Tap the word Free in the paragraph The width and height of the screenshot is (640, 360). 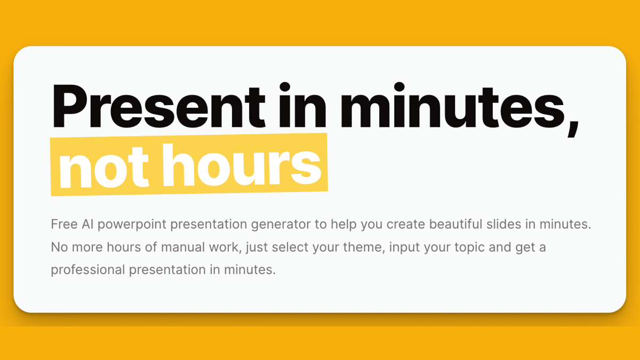coord(63,224)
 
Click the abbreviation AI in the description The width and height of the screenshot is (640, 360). coord(89,224)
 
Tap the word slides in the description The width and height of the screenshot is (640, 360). coord(506,224)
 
